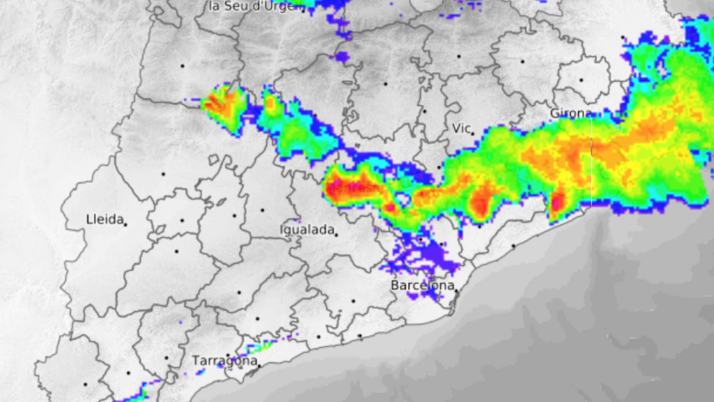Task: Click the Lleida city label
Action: tap(105, 219)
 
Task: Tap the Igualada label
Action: tap(307, 230)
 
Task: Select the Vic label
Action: tap(461, 128)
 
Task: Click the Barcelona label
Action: tap(422, 285)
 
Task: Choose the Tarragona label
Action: tap(224, 360)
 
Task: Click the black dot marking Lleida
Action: tap(125, 224)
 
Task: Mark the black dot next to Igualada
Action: tap(336, 235)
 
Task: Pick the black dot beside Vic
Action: tap(473, 133)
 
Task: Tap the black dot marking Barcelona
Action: tap(456, 290)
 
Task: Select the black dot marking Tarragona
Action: tap(259, 366)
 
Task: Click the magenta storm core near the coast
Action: tap(556, 203)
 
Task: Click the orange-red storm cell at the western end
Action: tap(223, 104)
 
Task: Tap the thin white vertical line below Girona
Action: tap(592, 161)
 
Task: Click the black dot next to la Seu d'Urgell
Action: tap(303, 11)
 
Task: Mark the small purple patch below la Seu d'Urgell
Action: tap(342, 57)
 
